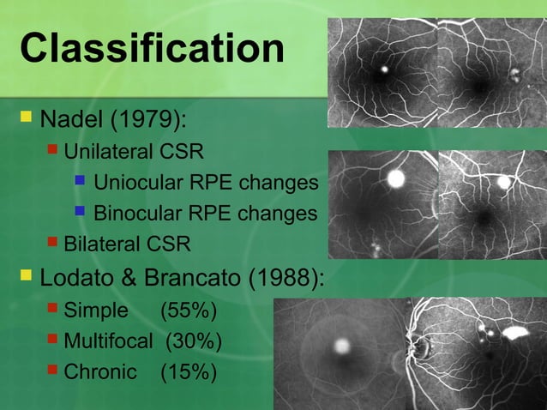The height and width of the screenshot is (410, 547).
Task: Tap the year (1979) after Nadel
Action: (157, 115)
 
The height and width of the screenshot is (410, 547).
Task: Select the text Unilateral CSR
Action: (134, 153)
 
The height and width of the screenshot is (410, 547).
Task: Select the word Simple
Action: (96, 311)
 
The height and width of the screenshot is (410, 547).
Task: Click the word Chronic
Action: (100, 372)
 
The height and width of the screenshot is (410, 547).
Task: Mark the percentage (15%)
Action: (189, 372)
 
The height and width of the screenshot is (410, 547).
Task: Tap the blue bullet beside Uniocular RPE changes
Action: (80, 182)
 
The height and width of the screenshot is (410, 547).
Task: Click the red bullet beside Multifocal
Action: (53, 341)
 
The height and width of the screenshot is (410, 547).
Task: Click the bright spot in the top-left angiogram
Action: (384, 68)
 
